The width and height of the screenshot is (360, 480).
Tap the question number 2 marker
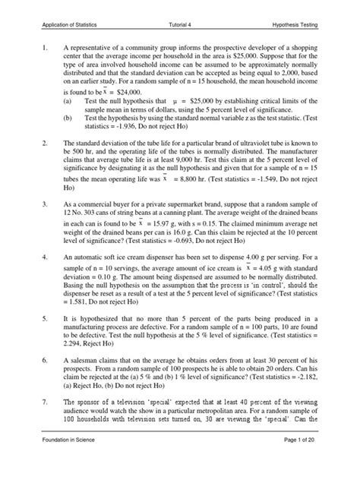coord(46,143)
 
